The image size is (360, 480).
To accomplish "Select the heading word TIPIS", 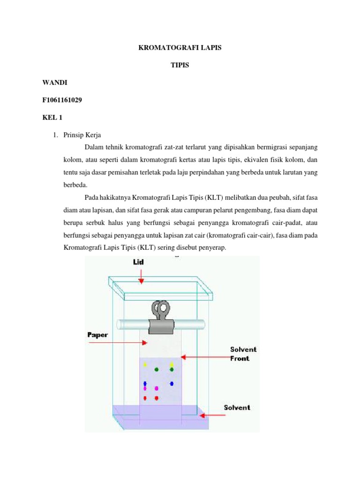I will pyautogui.click(x=180, y=66).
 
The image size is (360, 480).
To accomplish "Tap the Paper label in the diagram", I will pyautogui.click(x=97, y=335).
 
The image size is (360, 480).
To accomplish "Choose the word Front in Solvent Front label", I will pyautogui.click(x=240, y=359).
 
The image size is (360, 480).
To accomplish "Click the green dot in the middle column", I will pyautogui.click(x=157, y=370).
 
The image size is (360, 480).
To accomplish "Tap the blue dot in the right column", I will pyautogui.click(x=172, y=383).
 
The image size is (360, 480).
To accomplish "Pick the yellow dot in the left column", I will pyautogui.click(x=145, y=364).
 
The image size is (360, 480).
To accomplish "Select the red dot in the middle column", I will pyautogui.click(x=157, y=398).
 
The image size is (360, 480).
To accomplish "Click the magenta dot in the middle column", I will pyautogui.click(x=157, y=389).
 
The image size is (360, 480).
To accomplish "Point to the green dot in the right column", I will pyautogui.click(x=172, y=370).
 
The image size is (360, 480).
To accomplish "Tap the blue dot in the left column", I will pyautogui.click(x=145, y=383).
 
